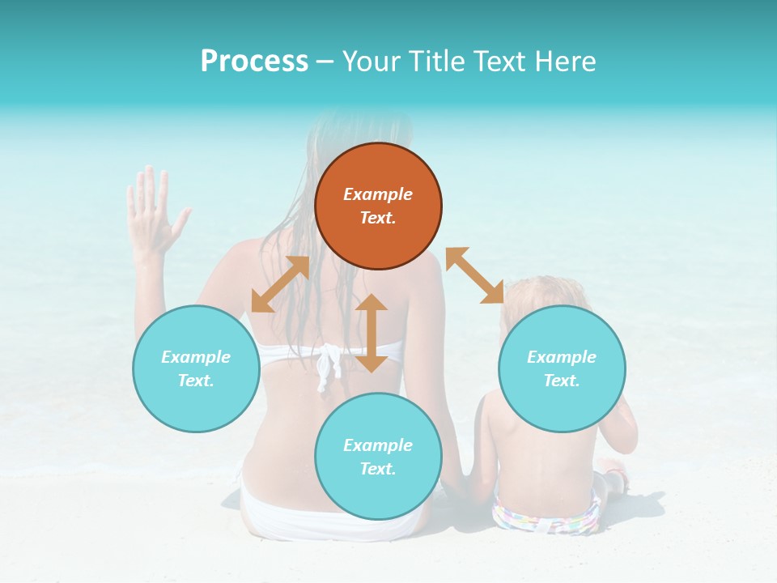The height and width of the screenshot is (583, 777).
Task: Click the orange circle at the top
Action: [x=378, y=206]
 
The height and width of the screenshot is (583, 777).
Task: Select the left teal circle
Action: [x=196, y=368]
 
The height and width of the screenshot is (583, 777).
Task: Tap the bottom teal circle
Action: [x=378, y=457]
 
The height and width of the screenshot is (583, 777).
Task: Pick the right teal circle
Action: [x=562, y=368]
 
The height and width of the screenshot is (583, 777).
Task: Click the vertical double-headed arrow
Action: [x=372, y=333]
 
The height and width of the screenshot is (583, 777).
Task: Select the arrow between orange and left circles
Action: [x=280, y=284]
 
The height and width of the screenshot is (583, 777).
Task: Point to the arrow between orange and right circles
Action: [x=474, y=275]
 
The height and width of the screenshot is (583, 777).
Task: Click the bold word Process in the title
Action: [x=254, y=61]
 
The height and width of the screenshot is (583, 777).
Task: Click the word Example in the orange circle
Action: [x=378, y=194]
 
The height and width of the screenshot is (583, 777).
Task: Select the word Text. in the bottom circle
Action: [x=378, y=469]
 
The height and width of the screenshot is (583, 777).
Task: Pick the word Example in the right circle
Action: [x=562, y=357]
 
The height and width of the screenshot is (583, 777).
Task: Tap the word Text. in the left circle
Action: [x=196, y=381]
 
